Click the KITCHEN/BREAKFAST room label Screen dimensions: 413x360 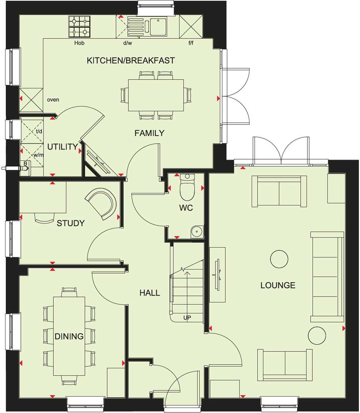point(131,60)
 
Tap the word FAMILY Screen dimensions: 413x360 point(149,133)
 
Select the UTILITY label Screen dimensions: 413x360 point(63,147)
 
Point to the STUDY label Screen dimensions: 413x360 point(71,223)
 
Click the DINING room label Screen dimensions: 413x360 point(69,336)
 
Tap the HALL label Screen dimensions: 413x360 point(150,293)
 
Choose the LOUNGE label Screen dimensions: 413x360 point(278,285)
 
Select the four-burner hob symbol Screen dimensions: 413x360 point(79,27)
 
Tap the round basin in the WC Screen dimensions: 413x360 point(197,231)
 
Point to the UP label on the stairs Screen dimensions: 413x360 point(187,317)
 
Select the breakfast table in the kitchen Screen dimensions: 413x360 point(156,95)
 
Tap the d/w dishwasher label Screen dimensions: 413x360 point(127,43)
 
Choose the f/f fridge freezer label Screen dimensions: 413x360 point(191,43)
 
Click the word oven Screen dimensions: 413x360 point(53,100)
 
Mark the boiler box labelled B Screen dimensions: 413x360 point(25,164)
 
